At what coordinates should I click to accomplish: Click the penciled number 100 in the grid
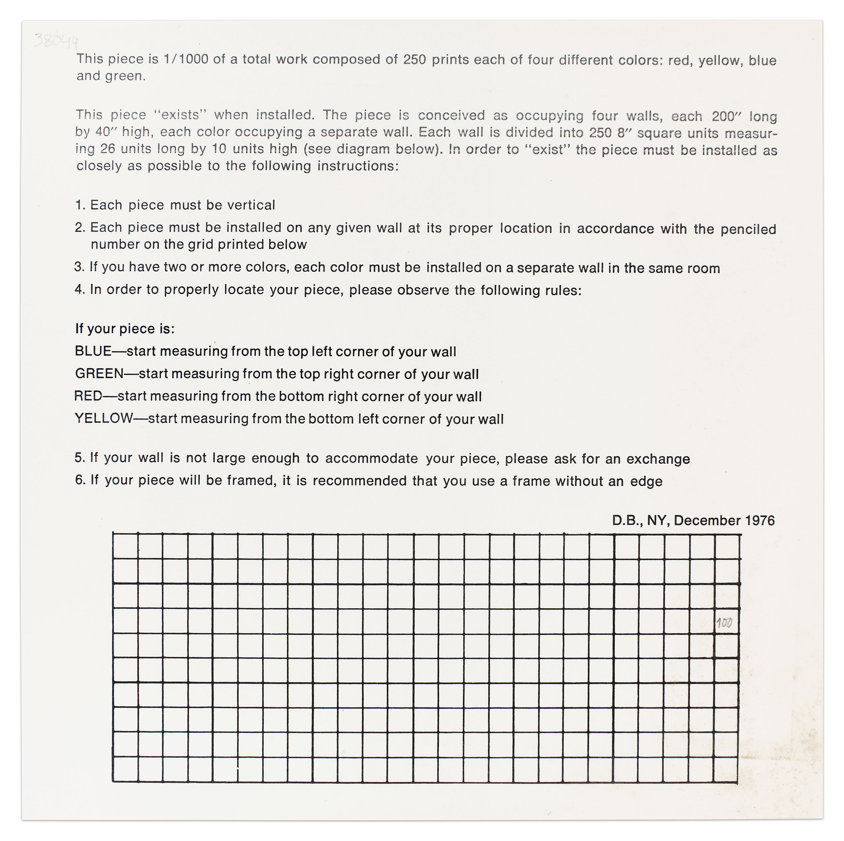(724, 623)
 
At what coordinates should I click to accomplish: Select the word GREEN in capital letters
(99, 373)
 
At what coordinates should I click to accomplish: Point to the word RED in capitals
(88, 396)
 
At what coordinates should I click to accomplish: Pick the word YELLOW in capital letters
(104, 418)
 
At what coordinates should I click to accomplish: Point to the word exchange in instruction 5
(658, 459)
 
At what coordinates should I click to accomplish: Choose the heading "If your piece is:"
(125, 329)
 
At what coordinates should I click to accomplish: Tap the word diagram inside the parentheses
(361, 149)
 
